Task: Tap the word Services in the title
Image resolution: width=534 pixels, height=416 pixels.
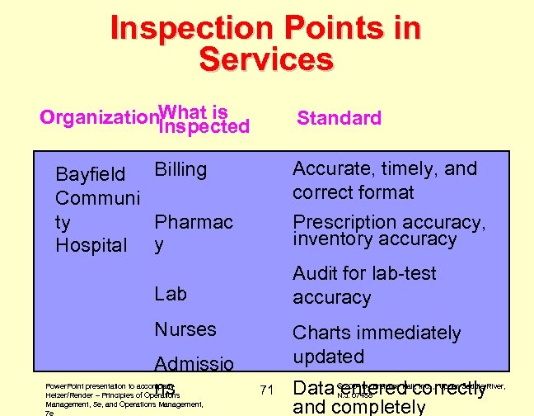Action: (x=266, y=59)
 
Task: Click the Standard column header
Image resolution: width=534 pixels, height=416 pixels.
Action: (x=339, y=118)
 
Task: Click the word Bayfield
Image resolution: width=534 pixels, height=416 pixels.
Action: (x=90, y=175)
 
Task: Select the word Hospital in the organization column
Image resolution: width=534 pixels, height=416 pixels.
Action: (x=91, y=245)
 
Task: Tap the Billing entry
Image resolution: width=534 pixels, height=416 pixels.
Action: (x=180, y=170)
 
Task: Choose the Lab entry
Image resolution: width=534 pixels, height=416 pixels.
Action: (x=171, y=294)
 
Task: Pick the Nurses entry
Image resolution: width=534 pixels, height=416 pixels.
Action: (x=185, y=329)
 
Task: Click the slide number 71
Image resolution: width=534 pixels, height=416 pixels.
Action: (x=265, y=390)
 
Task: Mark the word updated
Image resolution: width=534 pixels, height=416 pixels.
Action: (x=329, y=357)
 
